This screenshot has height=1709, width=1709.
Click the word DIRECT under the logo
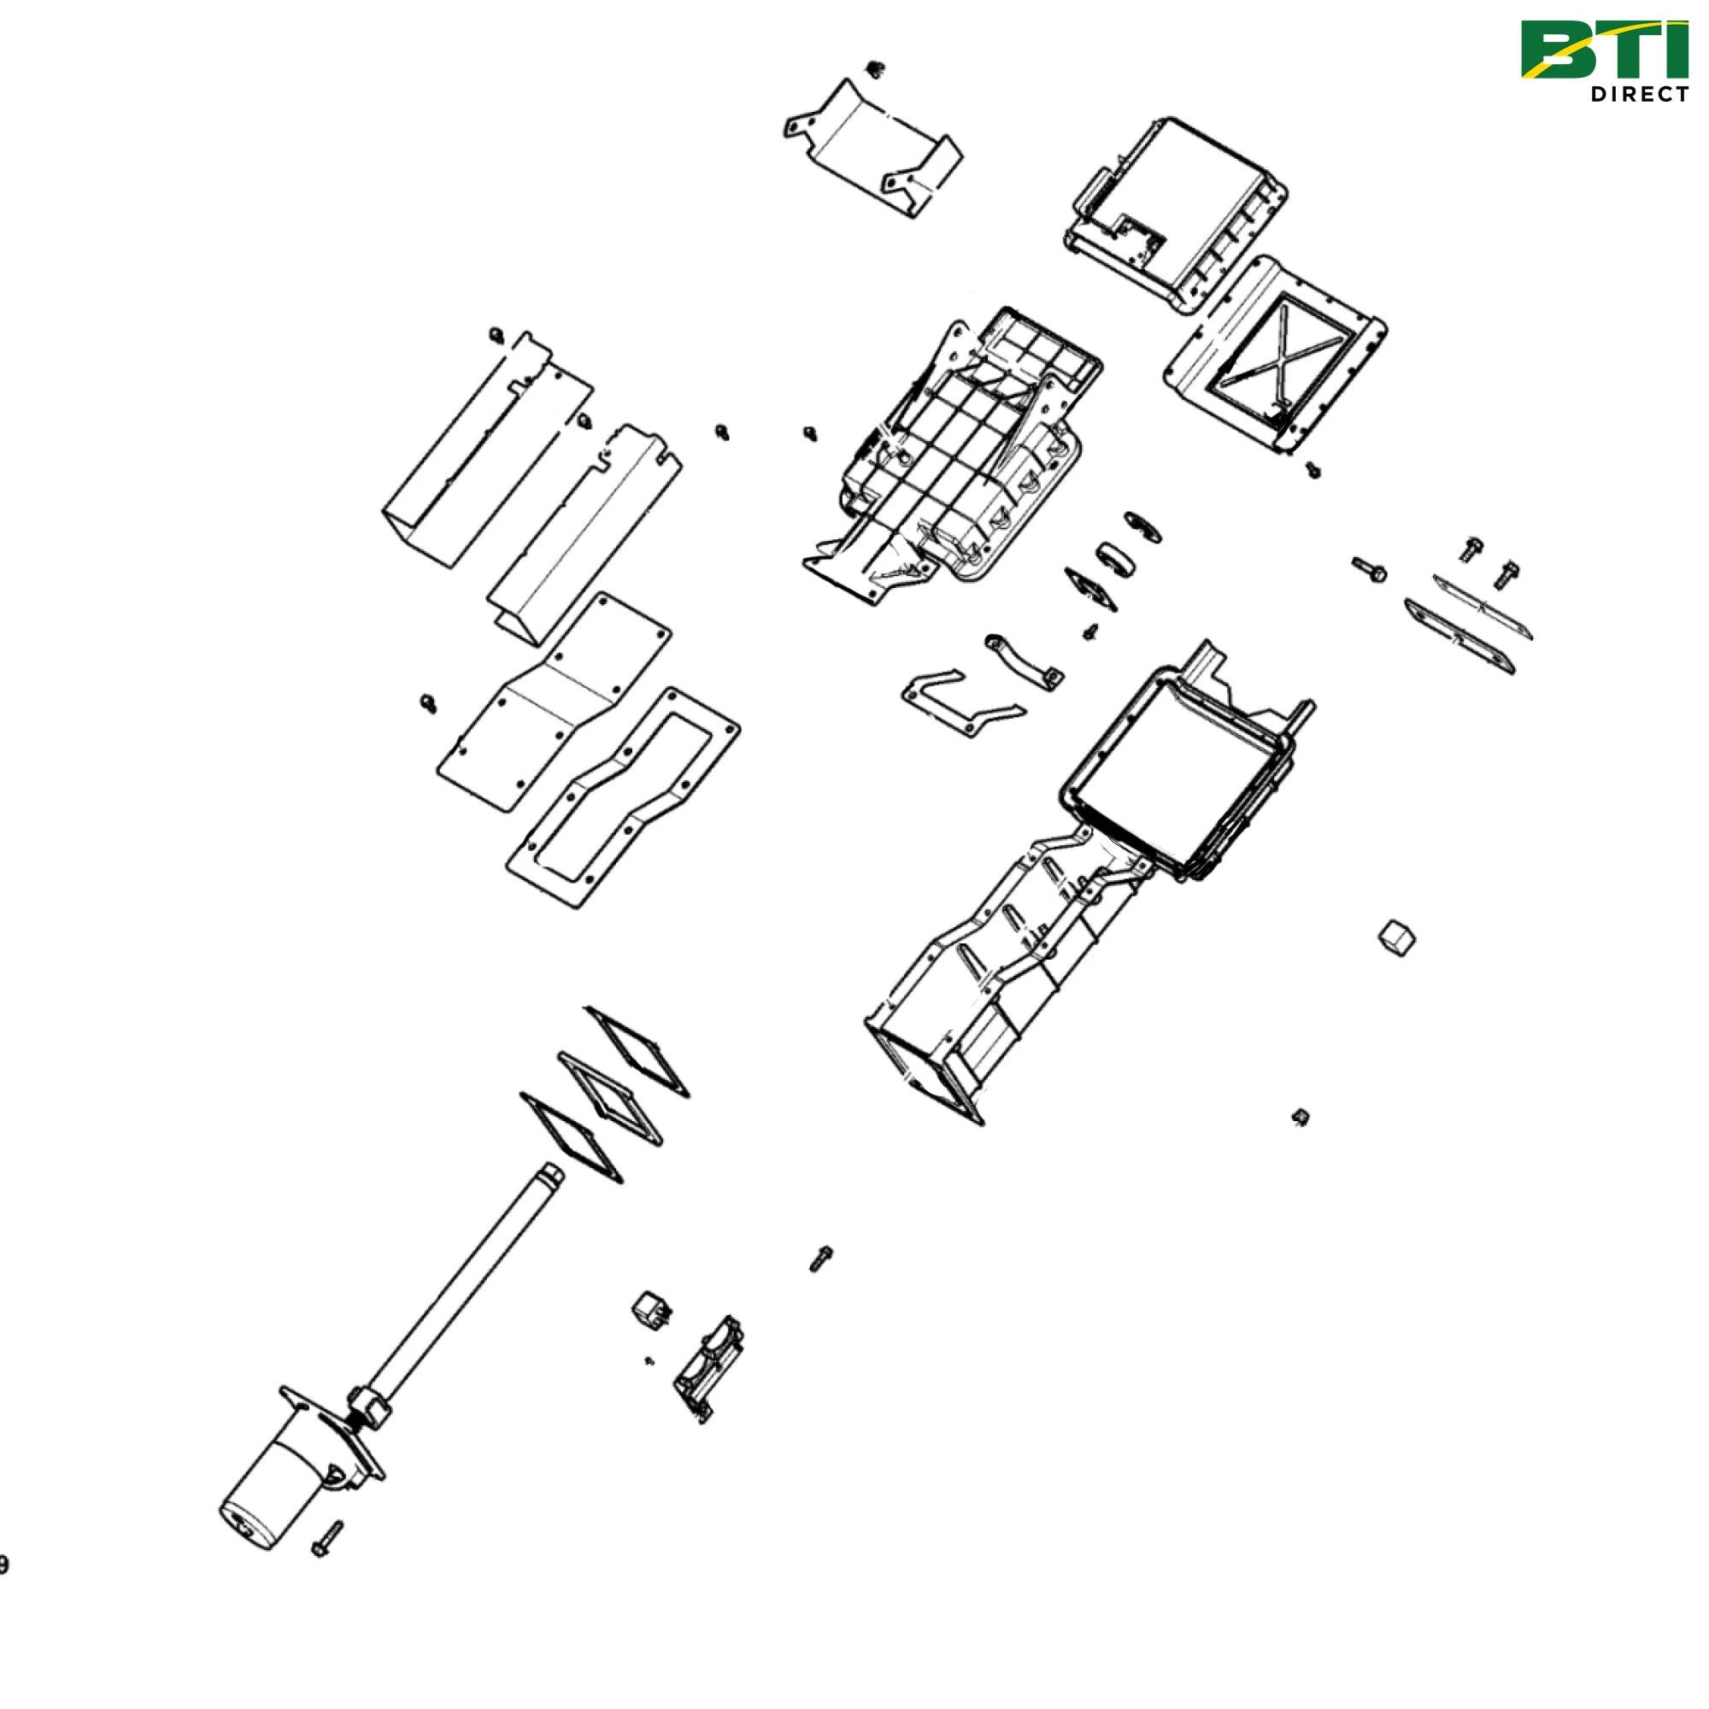[x=1638, y=95]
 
